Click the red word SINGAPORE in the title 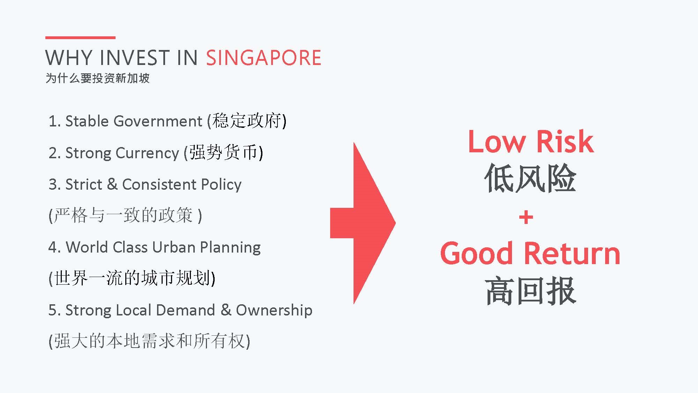point(263,58)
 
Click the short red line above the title point(80,37)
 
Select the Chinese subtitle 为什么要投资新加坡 point(98,78)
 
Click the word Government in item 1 point(158,121)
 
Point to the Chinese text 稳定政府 point(247,121)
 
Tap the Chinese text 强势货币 point(224,152)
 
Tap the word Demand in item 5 point(185,310)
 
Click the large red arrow point(363,223)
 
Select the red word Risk point(565,141)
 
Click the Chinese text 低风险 point(530,178)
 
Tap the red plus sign point(526,217)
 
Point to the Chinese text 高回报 point(530,291)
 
